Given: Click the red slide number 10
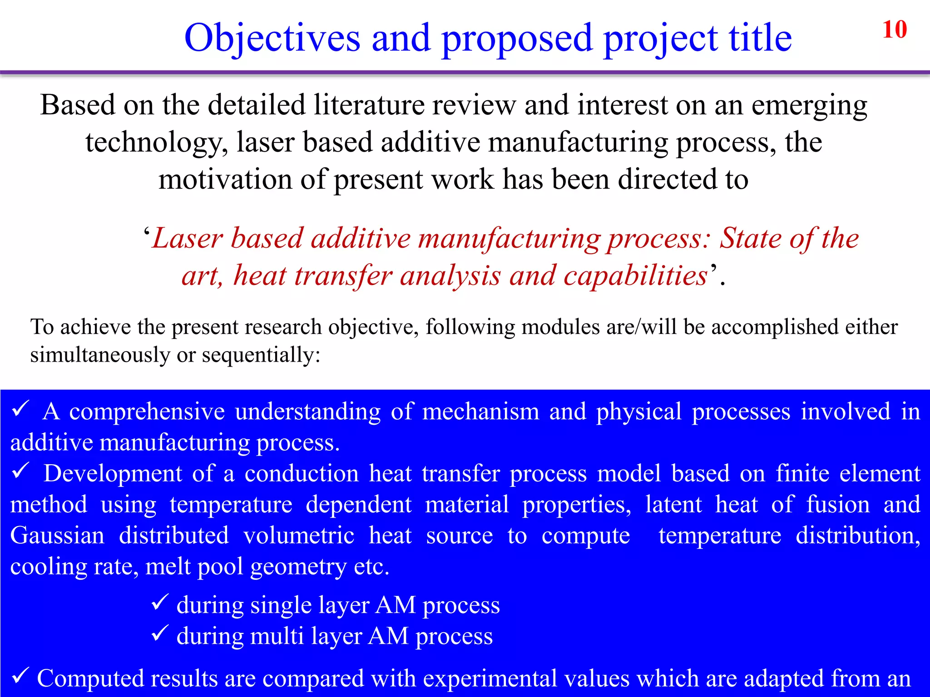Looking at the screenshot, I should click(894, 30).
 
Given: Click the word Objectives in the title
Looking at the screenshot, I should click(272, 38).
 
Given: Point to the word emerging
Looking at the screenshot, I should click(809, 106).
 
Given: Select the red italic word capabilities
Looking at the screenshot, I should click(635, 276).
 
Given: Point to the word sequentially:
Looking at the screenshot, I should click(261, 355).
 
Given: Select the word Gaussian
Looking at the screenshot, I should click(57, 535).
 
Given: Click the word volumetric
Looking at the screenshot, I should click(299, 535).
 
